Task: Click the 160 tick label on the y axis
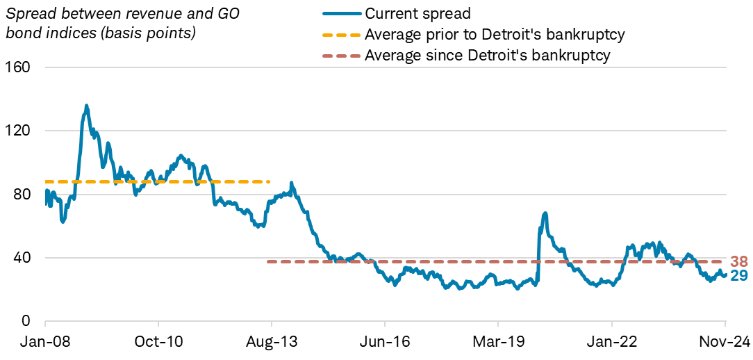pyautogui.click(x=19, y=67)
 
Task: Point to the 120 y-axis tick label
pyautogui.click(x=19, y=131)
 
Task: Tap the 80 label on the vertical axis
pyautogui.click(x=22, y=194)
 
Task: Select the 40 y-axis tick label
pyautogui.click(x=22, y=258)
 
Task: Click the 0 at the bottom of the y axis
pyautogui.click(x=26, y=321)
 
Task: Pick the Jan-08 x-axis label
pyautogui.click(x=45, y=343)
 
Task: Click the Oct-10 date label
pyautogui.click(x=158, y=343)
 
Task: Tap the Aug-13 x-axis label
pyautogui.click(x=272, y=343)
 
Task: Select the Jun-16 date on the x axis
pyautogui.click(x=385, y=343)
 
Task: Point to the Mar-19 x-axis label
pyautogui.click(x=498, y=343)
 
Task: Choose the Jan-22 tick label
pyautogui.click(x=611, y=343)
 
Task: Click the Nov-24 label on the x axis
pyautogui.click(x=725, y=343)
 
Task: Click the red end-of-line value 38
pyautogui.click(x=739, y=262)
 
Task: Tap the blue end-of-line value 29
pyautogui.click(x=739, y=276)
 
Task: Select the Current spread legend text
pyautogui.click(x=408, y=13)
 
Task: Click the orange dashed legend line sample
pyautogui.click(x=342, y=34)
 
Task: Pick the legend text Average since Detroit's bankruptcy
pyautogui.click(x=488, y=56)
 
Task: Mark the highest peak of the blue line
pyautogui.click(x=86, y=106)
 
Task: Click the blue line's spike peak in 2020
pyautogui.click(x=545, y=213)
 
